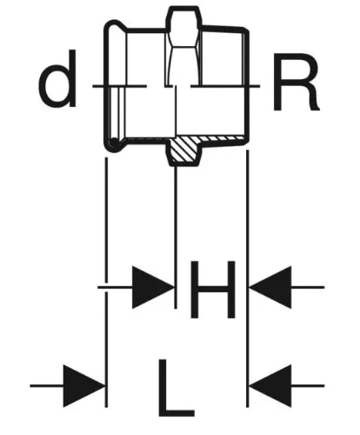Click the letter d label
pyautogui.click(x=58, y=78)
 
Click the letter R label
pyautogui.click(x=296, y=82)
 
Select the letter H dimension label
pyautogui.click(x=212, y=290)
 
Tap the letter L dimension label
pyautogui.click(x=177, y=388)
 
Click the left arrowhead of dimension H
pyautogui.click(x=153, y=287)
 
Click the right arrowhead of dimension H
pyautogui.click(x=270, y=287)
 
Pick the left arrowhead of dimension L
pyautogui.click(x=84, y=385)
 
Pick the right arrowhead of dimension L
pyautogui.click(x=270, y=385)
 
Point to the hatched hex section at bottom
pyautogui.click(x=183, y=150)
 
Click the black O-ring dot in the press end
pyautogui.click(x=114, y=143)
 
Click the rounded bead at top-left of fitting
pyautogui.click(x=116, y=27)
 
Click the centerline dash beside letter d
pyautogui.click(x=119, y=86)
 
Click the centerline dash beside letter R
pyautogui.click(x=225, y=86)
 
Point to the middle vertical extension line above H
pyautogui.click(x=175, y=238)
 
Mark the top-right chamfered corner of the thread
pyautogui.click(x=246, y=30)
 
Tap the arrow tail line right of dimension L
pyautogui.click(x=308, y=385)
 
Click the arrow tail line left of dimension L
pyautogui.click(x=47, y=385)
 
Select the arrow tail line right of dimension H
pyautogui.click(x=308, y=287)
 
